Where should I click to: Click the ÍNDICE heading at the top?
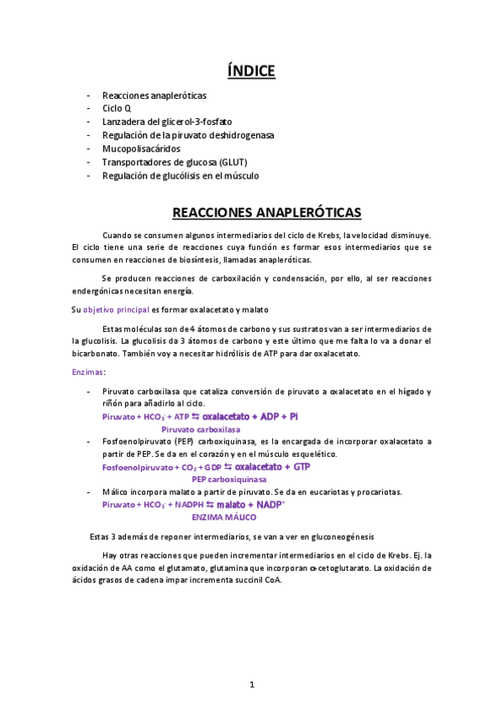252,71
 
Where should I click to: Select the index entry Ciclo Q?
116,108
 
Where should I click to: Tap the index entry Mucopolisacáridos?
140,148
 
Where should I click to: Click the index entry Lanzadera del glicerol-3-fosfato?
167,122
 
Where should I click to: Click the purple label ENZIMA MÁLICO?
224,517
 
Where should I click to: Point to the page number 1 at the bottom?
252,685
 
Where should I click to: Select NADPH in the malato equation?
193,505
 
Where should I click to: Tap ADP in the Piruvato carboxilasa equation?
270,417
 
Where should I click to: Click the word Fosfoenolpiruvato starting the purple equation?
135,467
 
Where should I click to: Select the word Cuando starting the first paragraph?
117,235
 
